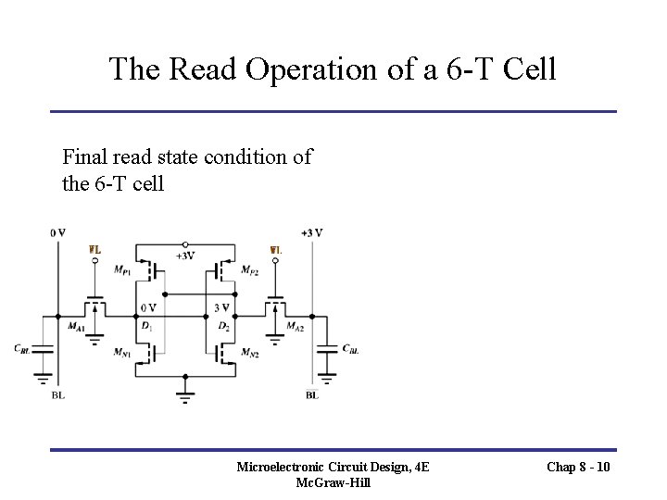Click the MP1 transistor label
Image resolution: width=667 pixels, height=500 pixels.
(x=122, y=270)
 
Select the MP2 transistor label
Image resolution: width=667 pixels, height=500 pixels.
(x=248, y=270)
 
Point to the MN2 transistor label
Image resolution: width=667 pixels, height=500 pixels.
(x=249, y=354)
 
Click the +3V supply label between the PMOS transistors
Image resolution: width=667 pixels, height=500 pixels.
(x=184, y=256)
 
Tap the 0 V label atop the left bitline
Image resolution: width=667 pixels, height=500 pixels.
(x=58, y=232)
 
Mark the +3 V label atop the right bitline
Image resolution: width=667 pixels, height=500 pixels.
(x=311, y=232)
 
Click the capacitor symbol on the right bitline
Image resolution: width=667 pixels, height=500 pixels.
(x=325, y=349)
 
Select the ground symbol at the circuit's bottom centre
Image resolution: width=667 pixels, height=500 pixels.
(x=185, y=396)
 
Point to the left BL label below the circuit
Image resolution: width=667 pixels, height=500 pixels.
(x=58, y=395)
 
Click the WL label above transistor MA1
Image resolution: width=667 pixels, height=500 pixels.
(x=94, y=250)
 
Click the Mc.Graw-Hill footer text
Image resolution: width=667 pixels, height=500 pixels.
(x=333, y=483)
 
